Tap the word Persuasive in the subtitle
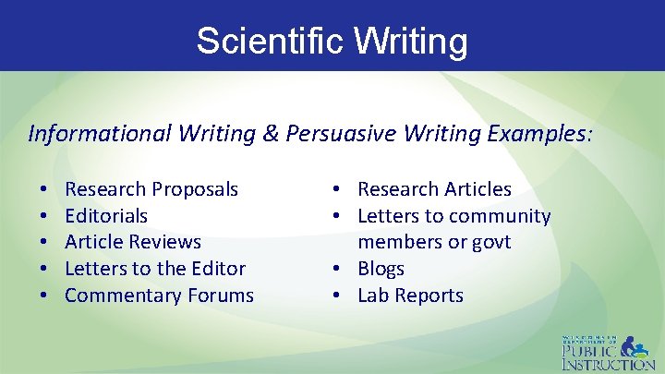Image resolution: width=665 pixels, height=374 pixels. coord(335,134)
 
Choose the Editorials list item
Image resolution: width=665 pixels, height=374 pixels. coord(106,216)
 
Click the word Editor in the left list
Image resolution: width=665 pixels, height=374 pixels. coord(219,269)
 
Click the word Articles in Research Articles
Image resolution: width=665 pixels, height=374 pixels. coord(476,189)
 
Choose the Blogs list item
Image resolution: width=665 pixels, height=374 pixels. coord(381,269)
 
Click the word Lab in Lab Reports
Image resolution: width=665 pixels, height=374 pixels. coord(371,296)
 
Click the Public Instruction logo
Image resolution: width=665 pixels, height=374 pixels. coord(610,351)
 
